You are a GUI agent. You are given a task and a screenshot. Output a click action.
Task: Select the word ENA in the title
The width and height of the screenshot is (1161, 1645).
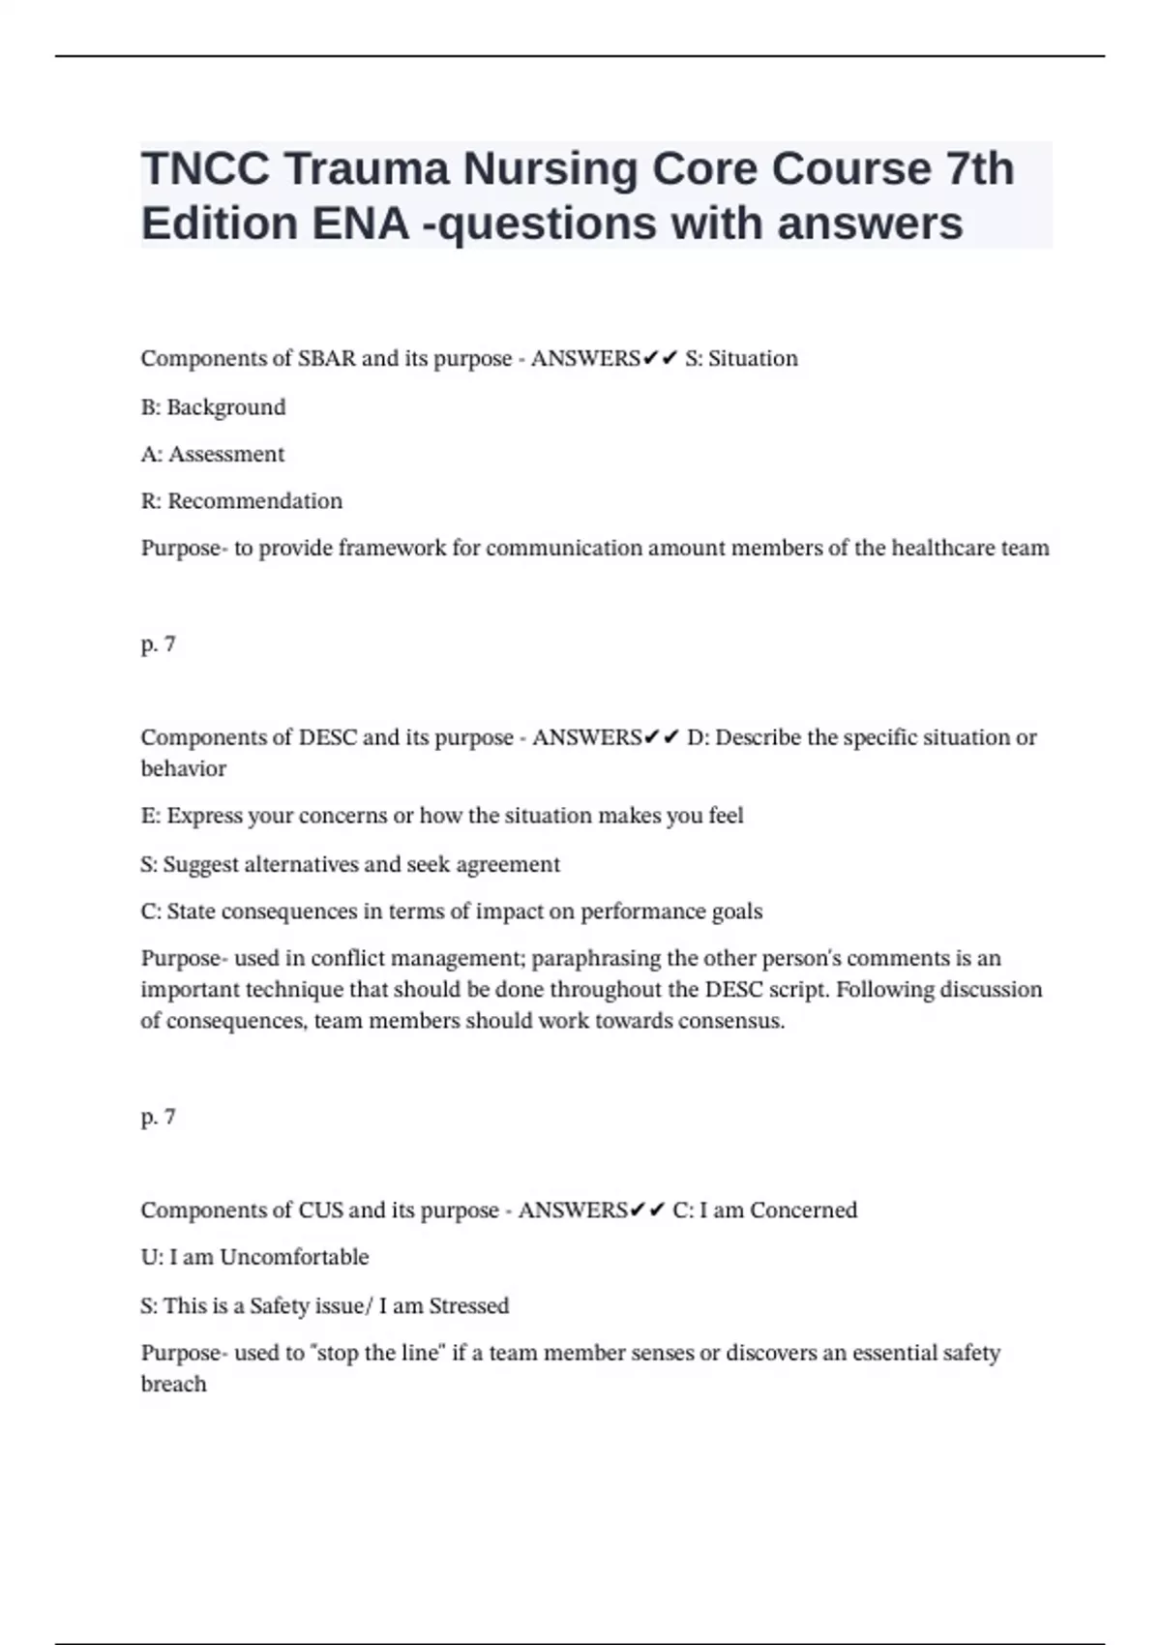[x=361, y=224]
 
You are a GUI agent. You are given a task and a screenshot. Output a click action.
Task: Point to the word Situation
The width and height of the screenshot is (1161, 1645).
[x=753, y=359]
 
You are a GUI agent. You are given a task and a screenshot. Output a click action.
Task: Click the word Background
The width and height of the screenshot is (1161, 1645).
[x=225, y=407]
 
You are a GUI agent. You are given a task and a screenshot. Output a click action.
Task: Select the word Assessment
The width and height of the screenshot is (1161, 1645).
[x=226, y=455]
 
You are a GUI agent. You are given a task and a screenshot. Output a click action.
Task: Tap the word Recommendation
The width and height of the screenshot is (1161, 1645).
[x=254, y=501]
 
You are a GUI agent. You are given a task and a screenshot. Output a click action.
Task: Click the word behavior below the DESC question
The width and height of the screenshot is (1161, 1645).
[x=183, y=769]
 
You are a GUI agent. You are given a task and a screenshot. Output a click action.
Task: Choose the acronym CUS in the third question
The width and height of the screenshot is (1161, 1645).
[x=319, y=1211]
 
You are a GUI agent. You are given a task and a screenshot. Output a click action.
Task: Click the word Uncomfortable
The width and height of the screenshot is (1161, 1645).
[x=294, y=1258]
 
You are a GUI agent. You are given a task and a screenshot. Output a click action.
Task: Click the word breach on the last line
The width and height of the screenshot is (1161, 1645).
[x=173, y=1385]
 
